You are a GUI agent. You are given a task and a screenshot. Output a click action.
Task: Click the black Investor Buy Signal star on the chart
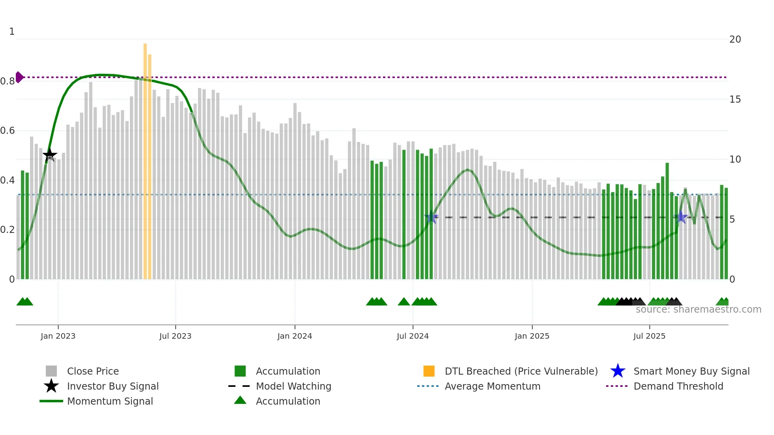pos(50,155)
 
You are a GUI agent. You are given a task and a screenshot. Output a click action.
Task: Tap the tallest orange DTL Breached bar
pos(145,158)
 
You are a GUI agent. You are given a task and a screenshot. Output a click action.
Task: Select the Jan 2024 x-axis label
pos(295,336)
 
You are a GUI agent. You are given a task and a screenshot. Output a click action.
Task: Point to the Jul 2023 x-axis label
pos(175,336)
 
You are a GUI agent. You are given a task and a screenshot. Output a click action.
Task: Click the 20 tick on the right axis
pos(735,39)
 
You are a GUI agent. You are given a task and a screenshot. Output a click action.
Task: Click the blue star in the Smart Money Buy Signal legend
pos(618,371)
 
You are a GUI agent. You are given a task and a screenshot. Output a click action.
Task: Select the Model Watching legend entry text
pos(293,386)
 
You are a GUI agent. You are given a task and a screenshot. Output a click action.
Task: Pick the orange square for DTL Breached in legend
pos(429,371)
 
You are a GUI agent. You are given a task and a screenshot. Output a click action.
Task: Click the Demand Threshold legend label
pos(678,386)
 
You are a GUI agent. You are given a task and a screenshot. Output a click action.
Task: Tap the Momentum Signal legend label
pos(110,401)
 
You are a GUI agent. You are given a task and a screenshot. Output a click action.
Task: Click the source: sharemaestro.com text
pos(698,309)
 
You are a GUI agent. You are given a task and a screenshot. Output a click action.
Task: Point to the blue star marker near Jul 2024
pos(431,217)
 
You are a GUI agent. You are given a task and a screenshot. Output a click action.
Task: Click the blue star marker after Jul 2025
pos(681,217)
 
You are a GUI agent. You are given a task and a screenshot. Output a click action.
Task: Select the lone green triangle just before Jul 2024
pos(404,302)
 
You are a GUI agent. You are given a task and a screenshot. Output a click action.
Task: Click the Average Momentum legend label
pos(492,386)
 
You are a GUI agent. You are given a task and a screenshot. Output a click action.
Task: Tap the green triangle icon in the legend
pos(240,401)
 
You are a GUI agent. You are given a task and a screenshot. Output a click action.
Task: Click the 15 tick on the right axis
pos(735,99)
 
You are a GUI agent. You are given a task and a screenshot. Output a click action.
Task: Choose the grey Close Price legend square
pos(51,371)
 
